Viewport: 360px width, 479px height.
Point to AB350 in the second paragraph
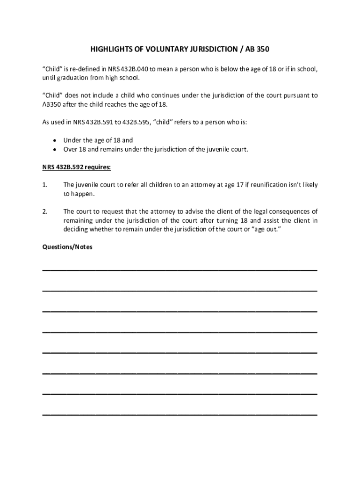(x=52, y=104)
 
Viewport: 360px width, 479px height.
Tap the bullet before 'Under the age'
(x=56, y=140)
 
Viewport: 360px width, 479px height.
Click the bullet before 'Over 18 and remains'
(x=56, y=150)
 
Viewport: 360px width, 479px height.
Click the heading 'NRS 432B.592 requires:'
(x=77, y=167)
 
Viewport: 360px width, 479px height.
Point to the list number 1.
(x=45, y=185)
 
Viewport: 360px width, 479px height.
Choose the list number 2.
(x=45, y=211)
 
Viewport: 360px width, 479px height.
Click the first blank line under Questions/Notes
(x=180, y=270)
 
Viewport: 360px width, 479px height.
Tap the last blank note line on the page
(x=180, y=414)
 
